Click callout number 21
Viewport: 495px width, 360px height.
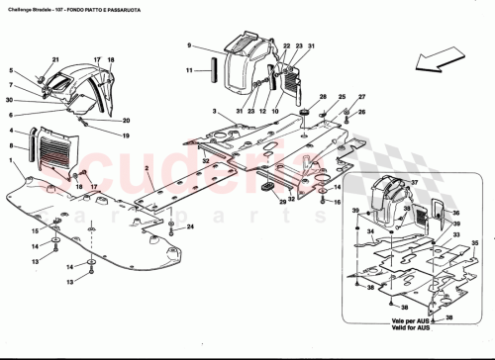(x=55, y=60)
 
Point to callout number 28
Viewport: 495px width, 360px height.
(x=323, y=97)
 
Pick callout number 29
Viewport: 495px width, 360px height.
(x=282, y=202)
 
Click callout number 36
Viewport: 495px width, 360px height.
(x=457, y=212)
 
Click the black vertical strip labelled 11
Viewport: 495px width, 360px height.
(x=208, y=72)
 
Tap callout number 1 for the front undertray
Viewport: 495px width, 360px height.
(x=11, y=160)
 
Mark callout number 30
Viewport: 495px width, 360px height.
(x=11, y=101)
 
